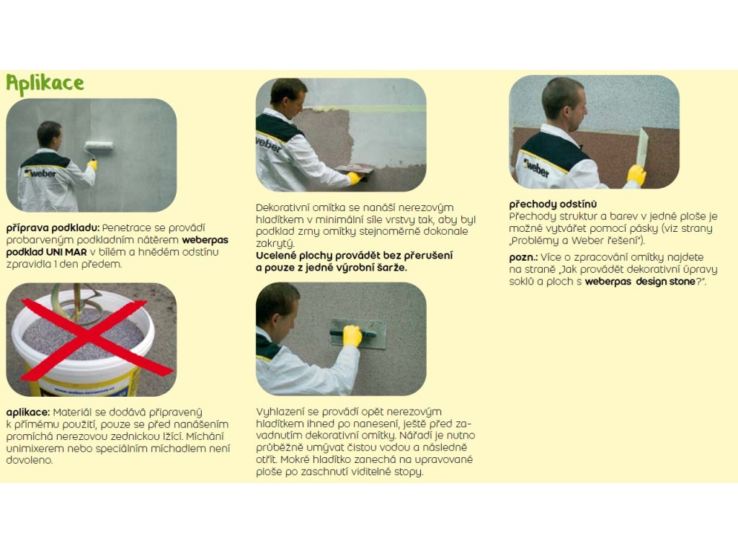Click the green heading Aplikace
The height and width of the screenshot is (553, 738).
[x=45, y=84]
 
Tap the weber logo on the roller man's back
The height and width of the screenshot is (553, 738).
[x=41, y=174]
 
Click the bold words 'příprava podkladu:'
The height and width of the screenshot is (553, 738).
[x=53, y=228]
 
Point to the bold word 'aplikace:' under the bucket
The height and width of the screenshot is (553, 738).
[x=28, y=413]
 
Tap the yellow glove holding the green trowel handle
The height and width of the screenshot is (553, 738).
[x=352, y=336]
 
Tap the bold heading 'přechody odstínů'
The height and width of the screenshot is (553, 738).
[x=553, y=204]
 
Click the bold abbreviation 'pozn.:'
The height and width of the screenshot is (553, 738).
[x=523, y=257]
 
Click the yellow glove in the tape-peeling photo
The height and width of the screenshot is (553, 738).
[x=636, y=175]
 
